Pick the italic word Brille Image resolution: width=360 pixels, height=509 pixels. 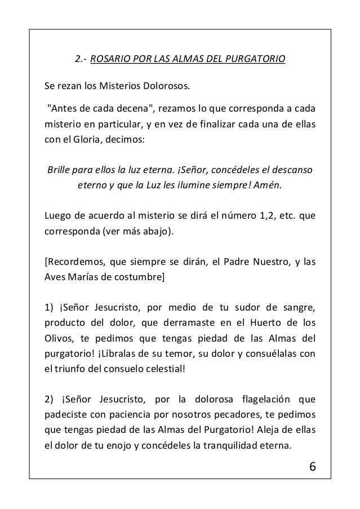60,170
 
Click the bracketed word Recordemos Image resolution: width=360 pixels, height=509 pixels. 74,262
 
